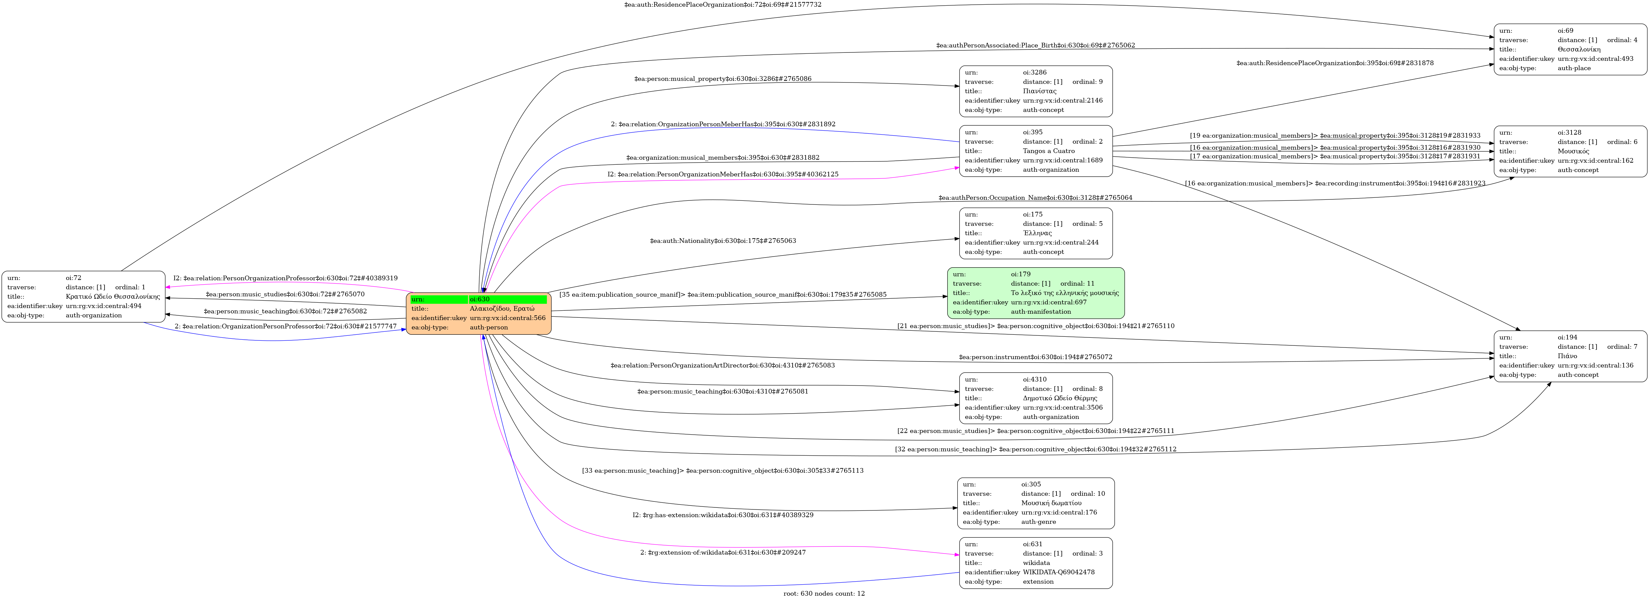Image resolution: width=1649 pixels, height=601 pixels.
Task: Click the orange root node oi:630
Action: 478,314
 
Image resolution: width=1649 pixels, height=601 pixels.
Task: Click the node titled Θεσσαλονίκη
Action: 1570,49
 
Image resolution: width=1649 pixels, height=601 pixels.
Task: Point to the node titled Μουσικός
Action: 1570,151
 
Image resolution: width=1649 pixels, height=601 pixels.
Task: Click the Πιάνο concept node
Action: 1570,356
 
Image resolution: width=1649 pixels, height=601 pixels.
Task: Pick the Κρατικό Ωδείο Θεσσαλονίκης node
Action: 83,296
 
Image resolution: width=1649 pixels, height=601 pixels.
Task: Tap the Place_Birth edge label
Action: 1035,45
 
